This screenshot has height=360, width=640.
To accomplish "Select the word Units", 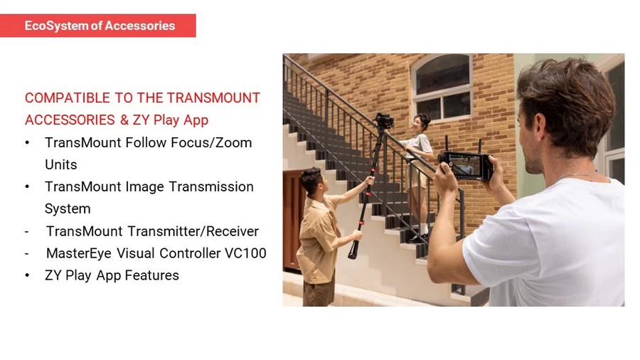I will click(60, 164).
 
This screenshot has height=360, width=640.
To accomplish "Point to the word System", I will click(68, 208).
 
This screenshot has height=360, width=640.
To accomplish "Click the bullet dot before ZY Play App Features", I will click(27, 275).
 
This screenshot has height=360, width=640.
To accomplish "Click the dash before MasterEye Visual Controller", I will click(27, 253).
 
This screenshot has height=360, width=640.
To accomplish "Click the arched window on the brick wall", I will click(442, 87).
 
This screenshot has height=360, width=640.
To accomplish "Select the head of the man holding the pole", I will click(311, 181).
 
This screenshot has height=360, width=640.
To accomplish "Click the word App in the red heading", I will click(194, 120).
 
